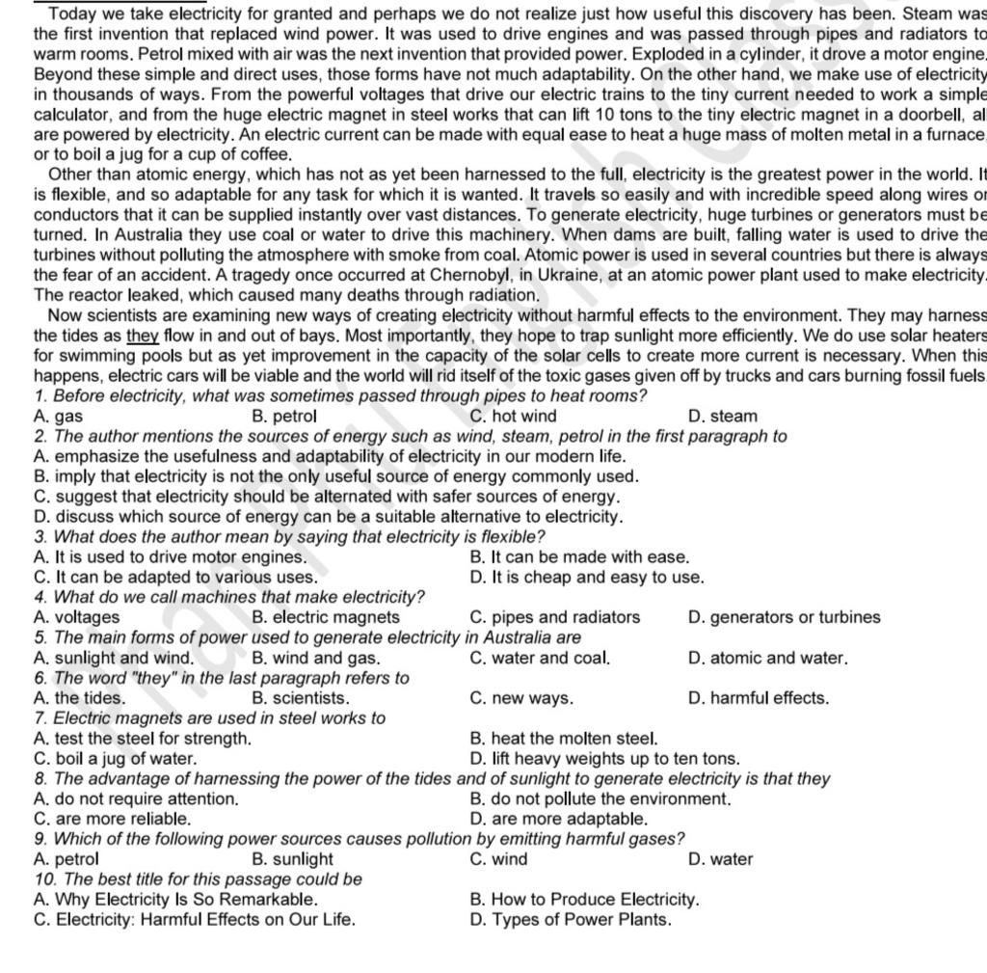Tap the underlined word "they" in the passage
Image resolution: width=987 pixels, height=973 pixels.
142,336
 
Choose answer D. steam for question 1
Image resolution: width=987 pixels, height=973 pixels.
723,417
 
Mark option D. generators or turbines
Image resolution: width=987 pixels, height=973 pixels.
785,617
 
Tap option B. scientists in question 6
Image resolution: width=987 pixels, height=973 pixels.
300,698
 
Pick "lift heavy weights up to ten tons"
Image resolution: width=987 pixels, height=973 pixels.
604,759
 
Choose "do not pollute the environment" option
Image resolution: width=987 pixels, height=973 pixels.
600,798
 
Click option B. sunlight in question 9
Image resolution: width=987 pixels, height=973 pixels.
292,859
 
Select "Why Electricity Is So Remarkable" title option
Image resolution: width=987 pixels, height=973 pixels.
174,900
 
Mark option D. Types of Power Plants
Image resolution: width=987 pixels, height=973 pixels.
570,920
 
